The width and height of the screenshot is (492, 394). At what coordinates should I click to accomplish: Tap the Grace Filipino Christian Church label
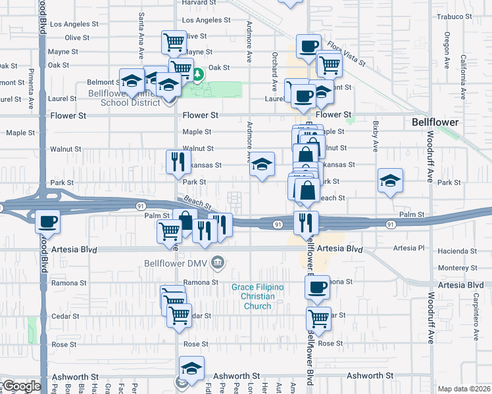257,297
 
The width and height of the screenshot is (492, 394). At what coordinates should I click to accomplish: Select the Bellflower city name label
435,122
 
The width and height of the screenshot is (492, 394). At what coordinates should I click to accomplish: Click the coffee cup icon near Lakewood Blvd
47,223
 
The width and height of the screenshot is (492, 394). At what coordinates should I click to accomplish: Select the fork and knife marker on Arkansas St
178,162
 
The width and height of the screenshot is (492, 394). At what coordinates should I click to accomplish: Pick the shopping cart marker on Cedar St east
319,318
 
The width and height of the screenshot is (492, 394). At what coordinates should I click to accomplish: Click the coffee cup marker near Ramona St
318,287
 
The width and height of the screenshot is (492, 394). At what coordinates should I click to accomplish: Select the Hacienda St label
458,252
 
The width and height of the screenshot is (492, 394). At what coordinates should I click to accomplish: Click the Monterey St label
457,267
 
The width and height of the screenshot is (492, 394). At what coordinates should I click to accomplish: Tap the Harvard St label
199,3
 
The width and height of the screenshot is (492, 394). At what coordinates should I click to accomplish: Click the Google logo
21,386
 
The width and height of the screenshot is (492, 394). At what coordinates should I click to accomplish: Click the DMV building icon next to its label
220,263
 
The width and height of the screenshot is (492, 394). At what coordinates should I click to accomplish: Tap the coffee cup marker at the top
308,45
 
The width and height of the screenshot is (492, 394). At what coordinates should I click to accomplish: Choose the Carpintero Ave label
476,312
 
